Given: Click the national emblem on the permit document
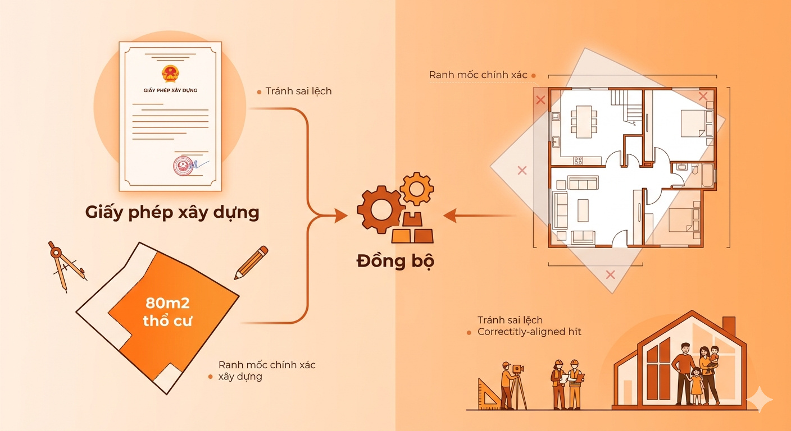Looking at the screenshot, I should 169,74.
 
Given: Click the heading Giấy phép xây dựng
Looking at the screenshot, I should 172,213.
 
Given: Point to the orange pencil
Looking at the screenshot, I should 251,262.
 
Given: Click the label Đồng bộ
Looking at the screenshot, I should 395,262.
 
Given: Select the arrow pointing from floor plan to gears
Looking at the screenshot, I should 478,215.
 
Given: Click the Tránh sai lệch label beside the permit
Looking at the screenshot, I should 298,91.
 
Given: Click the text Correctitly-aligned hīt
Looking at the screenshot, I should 529,332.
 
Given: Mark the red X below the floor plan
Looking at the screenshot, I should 610,274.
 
